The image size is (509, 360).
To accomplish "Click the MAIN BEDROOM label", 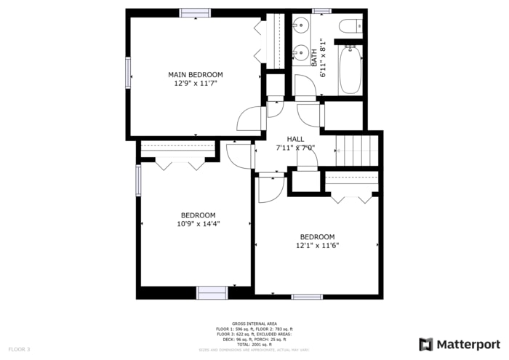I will pos(195,75).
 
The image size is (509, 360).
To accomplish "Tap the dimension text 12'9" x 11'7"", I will pos(195,84).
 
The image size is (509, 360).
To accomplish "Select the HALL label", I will pos(295,139).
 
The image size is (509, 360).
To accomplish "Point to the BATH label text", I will pos(315,57).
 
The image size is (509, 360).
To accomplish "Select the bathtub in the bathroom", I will pos(350,69).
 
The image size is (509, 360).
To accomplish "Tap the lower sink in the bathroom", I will pos(300,53).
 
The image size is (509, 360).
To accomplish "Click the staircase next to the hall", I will pos(358,150).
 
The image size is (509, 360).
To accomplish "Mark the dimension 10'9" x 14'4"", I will pos(198,224).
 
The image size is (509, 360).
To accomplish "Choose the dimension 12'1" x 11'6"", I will pos(317,246).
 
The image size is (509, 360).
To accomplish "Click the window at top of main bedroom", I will pos(196,12).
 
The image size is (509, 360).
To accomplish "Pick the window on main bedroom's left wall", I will pos(129,72).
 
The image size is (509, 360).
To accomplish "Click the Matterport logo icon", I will pos(426,344).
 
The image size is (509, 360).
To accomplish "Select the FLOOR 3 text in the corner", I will pos(19,350).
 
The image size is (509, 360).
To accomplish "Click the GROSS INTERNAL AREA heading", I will pos(254,323).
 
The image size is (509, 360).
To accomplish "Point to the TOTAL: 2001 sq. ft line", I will pos(254,344).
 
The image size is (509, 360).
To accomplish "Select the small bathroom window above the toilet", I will pos(321,12).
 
